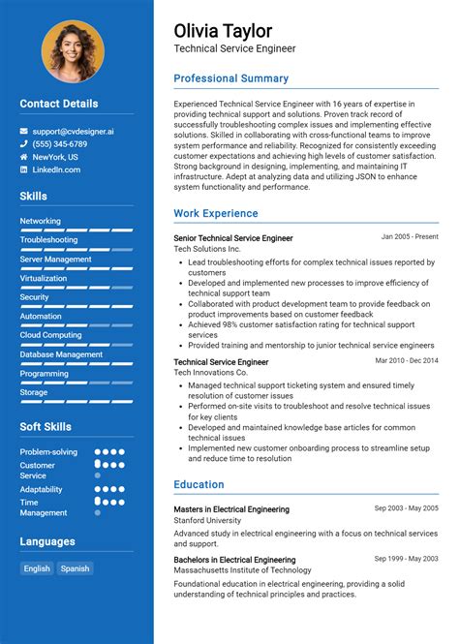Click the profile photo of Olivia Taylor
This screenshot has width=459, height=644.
74,51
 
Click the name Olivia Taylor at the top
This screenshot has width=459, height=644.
223,30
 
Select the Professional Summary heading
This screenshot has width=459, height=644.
230,78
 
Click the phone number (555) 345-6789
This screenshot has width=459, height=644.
61,143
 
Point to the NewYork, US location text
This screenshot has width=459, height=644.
55,157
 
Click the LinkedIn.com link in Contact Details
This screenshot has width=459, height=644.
56,170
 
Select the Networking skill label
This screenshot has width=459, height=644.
40,221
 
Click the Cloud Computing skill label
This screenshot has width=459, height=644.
50,335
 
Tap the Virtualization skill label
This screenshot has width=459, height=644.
43,278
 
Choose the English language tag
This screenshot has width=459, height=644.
37,568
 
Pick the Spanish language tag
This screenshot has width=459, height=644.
75,568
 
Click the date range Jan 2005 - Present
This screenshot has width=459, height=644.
409,236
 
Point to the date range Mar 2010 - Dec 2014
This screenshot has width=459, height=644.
407,360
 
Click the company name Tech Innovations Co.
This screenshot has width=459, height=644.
210,373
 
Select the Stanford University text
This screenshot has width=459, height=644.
207,520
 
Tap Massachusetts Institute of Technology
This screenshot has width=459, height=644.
242,571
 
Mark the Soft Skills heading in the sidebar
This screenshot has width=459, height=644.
46,426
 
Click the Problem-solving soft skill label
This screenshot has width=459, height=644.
48,451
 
